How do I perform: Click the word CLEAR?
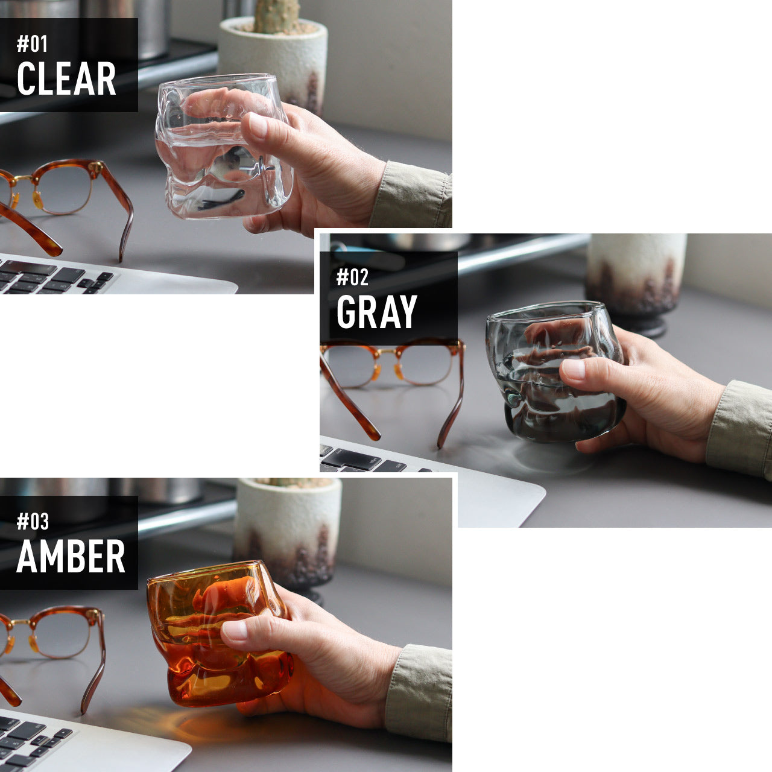(66, 78)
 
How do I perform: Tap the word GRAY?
(377, 312)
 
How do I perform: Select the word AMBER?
(71, 556)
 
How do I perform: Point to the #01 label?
(32, 43)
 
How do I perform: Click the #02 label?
(352, 277)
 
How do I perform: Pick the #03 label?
(33, 522)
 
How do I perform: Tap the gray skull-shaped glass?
(555, 372)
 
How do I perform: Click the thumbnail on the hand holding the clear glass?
(258, 125)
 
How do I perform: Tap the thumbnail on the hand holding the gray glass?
(574, 369)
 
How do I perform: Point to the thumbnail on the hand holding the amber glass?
(235, 630)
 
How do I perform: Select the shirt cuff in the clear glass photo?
(413, 195)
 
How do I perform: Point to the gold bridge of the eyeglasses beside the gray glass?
(387, 352)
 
